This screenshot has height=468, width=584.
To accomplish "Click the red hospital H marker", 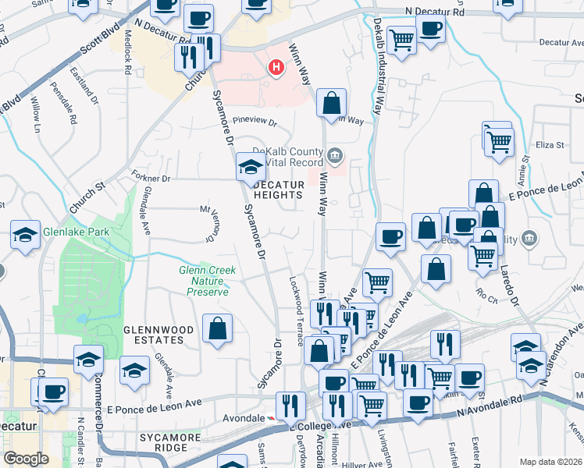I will (276, 68).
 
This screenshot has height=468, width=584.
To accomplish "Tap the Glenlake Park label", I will (65, 232).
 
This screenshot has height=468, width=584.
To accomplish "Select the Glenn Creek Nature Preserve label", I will (208, 281).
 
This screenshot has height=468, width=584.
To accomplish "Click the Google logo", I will (26, 459).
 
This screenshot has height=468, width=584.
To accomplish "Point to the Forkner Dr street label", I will (151, 179).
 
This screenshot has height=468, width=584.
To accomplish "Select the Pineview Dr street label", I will (255, 122).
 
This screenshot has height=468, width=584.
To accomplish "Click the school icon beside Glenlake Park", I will (25, 235).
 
